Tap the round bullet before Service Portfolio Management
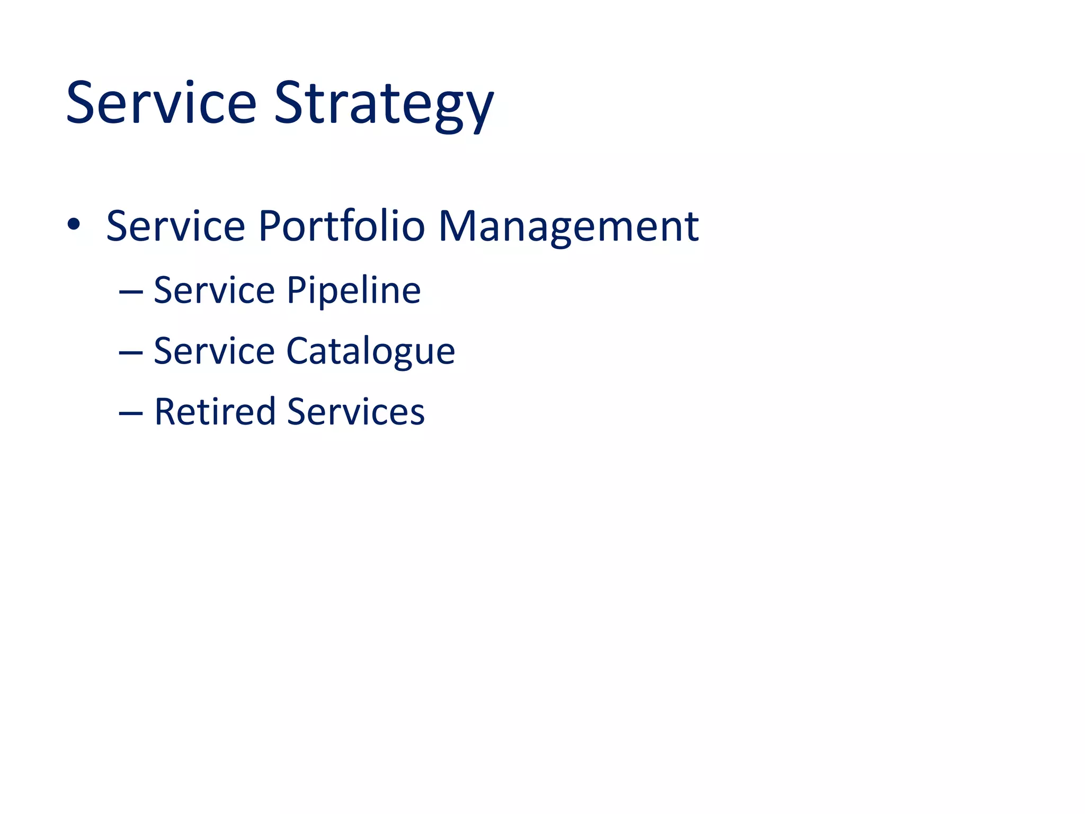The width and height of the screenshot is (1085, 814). pos(74,225)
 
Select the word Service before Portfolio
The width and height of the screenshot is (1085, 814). pos(175,226)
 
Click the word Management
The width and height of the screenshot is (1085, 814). pos(568,228)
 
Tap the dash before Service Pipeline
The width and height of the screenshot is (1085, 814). pos(131,291)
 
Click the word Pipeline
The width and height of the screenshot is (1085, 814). pos(353,291)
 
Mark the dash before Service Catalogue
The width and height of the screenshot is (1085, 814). pos(131,352)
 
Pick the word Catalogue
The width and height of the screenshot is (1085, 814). pos(370,352)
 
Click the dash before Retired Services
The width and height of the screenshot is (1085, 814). pos(131,412)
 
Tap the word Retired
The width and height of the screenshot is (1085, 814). pos(215,411)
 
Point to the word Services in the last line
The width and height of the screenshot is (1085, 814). pos(355,412)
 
